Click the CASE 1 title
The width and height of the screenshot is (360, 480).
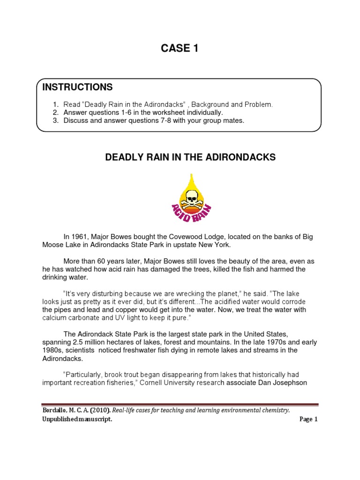coord(180,48)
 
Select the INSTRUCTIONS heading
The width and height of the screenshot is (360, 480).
coord(77,87)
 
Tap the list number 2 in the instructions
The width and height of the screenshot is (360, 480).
coord(55,112)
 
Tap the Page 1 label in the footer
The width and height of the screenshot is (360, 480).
coord(308,420)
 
